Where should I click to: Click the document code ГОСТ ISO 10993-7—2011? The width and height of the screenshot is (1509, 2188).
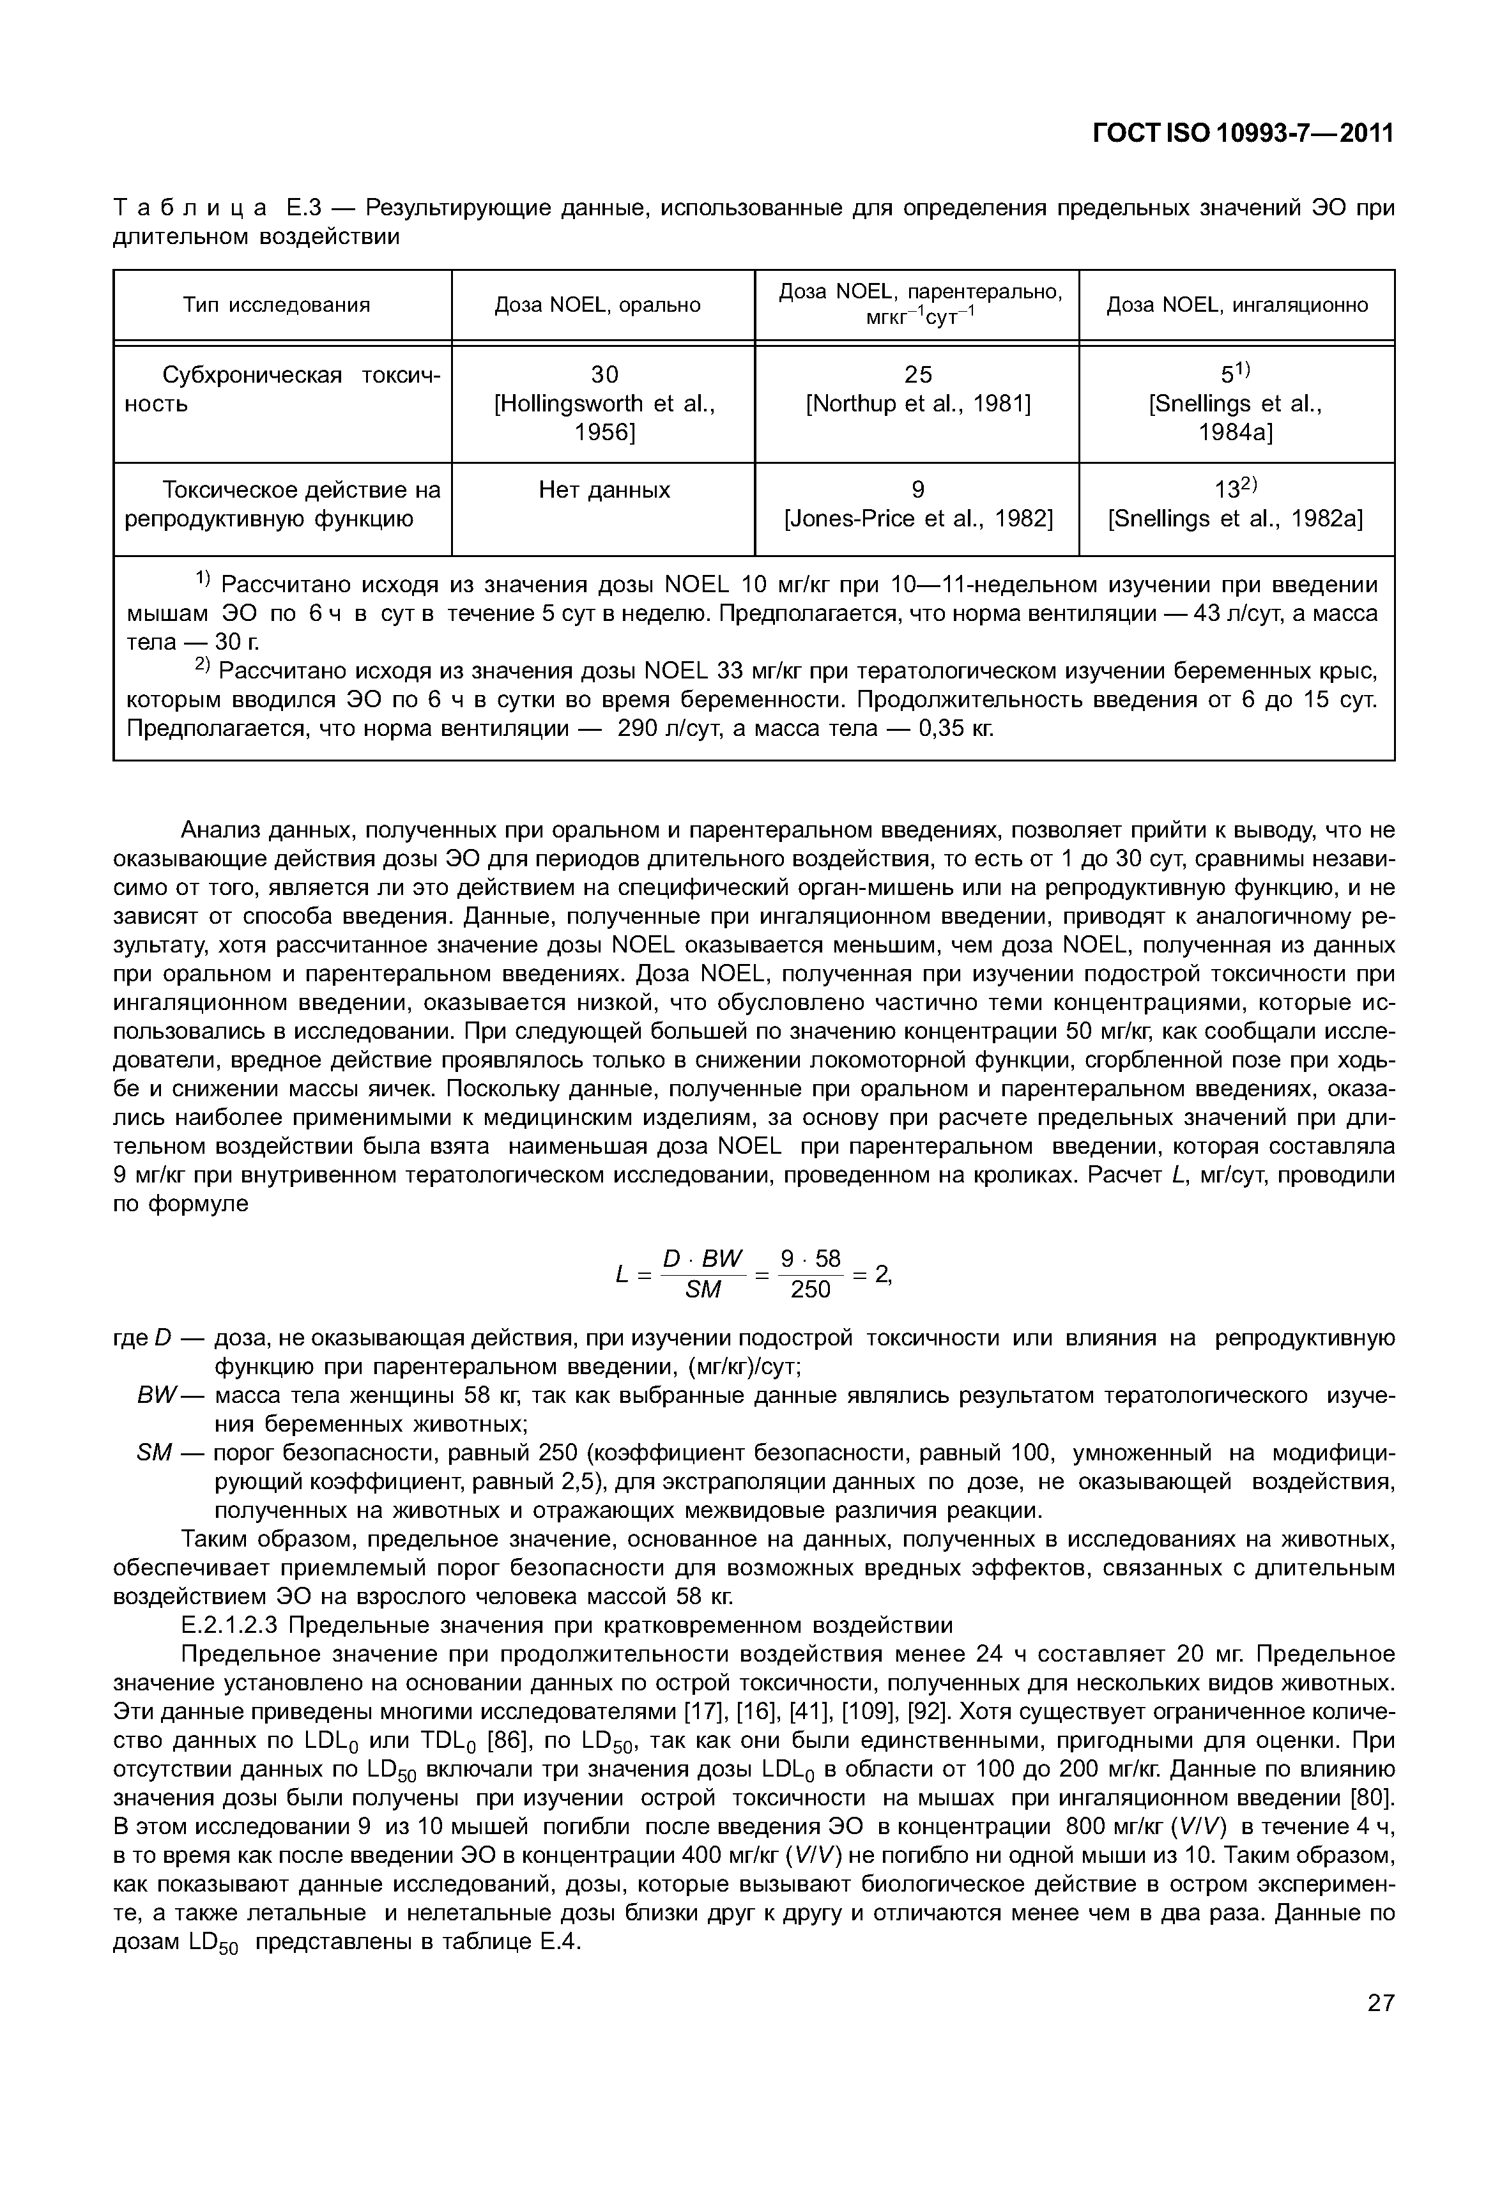(1243, 134)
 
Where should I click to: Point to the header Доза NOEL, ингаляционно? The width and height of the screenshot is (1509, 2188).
(1237, 305)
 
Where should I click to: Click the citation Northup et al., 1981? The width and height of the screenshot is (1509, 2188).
(917, 404)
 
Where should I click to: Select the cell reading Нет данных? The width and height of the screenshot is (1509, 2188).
(604, 490)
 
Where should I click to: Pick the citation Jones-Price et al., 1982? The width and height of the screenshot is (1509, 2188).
(918, 519)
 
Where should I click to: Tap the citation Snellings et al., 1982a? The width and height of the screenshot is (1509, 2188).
(1235, 519)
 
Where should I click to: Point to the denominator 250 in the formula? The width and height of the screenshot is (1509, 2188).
(810, 1290)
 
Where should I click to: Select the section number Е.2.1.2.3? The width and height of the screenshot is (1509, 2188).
(230, 1625)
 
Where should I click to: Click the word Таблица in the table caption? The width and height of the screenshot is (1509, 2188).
(190, 207)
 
